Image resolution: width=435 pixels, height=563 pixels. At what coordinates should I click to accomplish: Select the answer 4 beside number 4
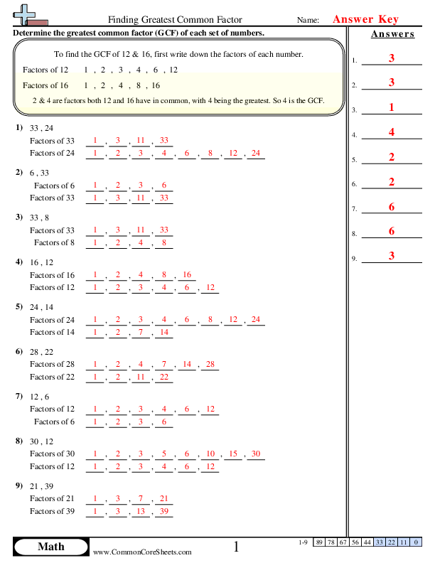point(391,132)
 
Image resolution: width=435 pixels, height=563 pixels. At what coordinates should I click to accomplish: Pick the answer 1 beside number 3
point(391,107)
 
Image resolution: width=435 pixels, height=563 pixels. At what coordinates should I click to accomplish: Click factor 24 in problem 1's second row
point(256,153)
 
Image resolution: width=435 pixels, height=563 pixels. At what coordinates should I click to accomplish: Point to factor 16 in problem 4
point(187,275)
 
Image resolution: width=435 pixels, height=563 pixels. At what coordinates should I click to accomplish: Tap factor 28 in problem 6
point(210,365)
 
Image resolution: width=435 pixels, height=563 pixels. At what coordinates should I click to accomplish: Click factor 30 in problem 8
point(256,454)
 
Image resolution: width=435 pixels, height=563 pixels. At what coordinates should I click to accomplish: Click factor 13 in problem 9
point(141,511)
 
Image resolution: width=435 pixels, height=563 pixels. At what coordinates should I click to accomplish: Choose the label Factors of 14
point(52,332)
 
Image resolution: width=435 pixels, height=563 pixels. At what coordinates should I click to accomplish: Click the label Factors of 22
point(52,377)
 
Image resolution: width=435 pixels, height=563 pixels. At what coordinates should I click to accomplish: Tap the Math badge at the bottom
point(50,546)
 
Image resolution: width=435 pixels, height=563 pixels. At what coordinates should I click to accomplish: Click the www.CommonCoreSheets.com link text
point(142,552)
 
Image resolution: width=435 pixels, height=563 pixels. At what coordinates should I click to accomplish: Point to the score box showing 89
point(320,542)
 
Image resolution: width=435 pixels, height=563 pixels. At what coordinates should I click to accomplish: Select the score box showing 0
point(415,542)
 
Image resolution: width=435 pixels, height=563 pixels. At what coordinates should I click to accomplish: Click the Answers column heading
point(392,34)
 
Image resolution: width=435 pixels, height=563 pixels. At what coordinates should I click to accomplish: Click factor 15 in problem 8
point(233,454)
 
